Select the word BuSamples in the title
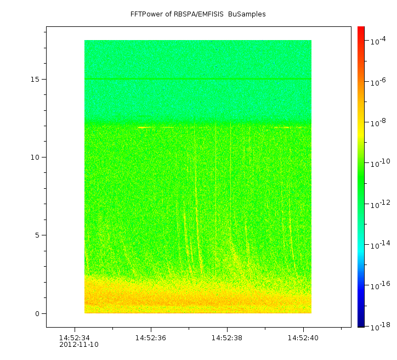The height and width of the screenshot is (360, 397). tap(247, 14)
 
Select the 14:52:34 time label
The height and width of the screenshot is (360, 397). tap(75, 337)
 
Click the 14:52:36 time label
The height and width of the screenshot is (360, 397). tap(151, 337)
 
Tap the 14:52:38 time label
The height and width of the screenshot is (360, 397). tap(227, 337)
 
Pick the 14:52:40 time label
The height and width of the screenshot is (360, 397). tap(303, 337)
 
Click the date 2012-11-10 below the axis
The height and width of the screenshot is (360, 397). tap(79, 345)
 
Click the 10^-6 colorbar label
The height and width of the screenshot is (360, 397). tap(378, 82)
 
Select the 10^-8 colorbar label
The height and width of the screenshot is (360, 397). tap(378, 123)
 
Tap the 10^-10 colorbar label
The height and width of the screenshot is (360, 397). tap(379, 164)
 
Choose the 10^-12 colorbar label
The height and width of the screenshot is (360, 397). tap(379, 204)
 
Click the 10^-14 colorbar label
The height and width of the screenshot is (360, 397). tap(379, 244)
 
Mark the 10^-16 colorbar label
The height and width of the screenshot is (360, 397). tap(379, 285)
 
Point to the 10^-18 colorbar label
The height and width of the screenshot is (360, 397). tap(379, 326)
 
